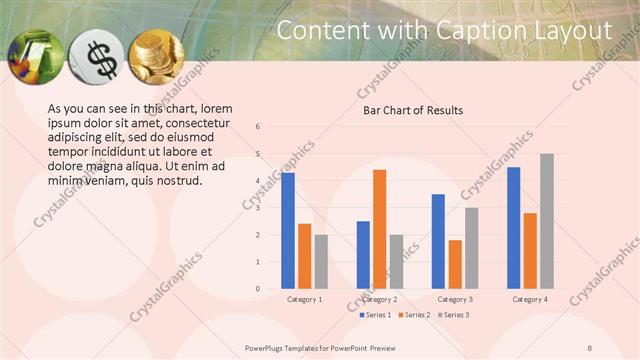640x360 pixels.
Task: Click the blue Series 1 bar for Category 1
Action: click(x=288, y=231)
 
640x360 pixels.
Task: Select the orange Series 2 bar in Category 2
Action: click(x=379, y=229)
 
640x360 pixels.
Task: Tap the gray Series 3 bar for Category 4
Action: click(x=546, y=221)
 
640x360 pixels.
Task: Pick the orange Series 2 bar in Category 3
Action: click(x=454, y=264)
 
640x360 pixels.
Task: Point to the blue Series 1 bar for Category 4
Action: click(x=513, y=228)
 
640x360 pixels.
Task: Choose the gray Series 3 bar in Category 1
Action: click(x=321, y=262)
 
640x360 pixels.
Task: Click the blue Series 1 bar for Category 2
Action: click(x=363, y=255)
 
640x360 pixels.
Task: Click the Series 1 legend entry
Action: click(x=376, y=315)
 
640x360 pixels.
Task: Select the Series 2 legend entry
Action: click(x=413, y=315)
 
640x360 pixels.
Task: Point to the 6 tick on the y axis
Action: click(x=258, y=127)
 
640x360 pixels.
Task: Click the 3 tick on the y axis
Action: click(x=258, y=208)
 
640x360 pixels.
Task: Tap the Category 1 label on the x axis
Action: click(x=304, y=299)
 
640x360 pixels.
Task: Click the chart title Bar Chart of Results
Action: click(x=412, y=110)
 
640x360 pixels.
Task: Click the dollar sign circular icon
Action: click(x=100, y=59)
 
